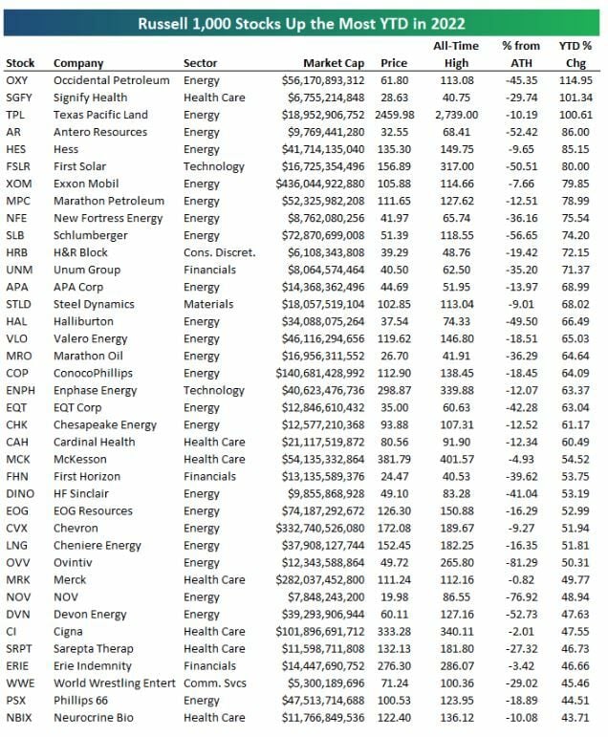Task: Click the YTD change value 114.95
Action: pos(575,80)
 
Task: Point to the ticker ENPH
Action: pos(21,390)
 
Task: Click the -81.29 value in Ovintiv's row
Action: pos(521,562)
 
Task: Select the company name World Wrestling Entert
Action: pos(115,683)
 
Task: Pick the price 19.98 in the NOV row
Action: pos(400,596)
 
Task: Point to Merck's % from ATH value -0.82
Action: pos(524,579)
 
